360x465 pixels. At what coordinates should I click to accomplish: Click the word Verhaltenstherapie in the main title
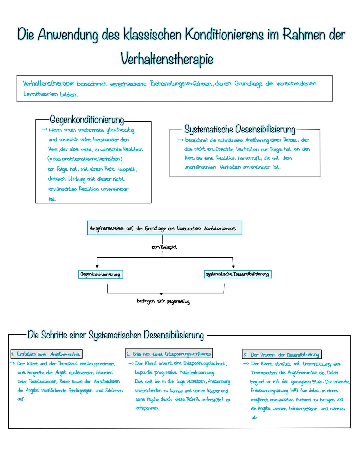[x=167, y=59]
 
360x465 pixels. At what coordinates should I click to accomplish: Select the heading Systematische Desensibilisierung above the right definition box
[x=240, y=129]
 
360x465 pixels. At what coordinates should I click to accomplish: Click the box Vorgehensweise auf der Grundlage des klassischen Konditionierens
[x=164, y=228]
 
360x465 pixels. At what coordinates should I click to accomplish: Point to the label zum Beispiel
[x=164, y=247]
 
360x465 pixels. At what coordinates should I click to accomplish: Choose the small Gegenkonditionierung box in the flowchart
[x=100, y=274]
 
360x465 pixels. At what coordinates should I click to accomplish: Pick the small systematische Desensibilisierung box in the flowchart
[x=237, y=274]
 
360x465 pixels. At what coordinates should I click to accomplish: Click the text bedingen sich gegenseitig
[x=163, y=301]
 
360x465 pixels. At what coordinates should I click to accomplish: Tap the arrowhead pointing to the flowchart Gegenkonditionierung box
[x=97, y=266]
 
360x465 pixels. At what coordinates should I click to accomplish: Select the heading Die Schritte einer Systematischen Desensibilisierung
[x=116, y=335]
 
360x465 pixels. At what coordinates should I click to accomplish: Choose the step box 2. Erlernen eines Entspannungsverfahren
[x=169, y=354]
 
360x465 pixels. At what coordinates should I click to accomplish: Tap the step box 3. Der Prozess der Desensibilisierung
[x=282, y=355]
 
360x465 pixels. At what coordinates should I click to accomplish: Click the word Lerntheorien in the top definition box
[x=41, y=94]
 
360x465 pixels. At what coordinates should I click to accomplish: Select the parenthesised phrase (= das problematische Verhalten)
[x=85, y=159]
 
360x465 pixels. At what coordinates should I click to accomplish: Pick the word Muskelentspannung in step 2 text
[x=197, y=373]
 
